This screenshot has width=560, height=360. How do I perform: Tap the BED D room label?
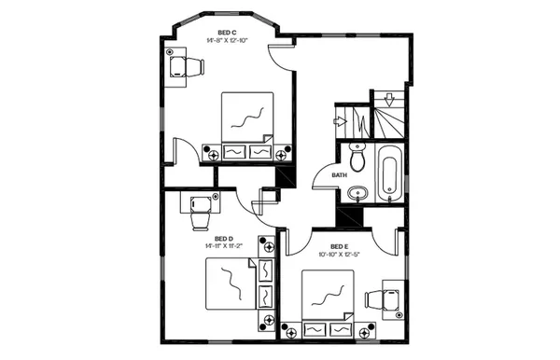pyautogui.click(x=223, y=238)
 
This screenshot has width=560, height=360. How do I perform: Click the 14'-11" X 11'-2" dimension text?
pyautogui.click(x=223, y=246)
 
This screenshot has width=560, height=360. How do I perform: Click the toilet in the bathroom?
pyautogui.click(x=355, y=153)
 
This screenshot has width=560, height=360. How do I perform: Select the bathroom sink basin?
pyautogui.click(x=356, y=194)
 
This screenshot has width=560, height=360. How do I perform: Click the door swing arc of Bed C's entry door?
pyautogui.click(x=278, y=58)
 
